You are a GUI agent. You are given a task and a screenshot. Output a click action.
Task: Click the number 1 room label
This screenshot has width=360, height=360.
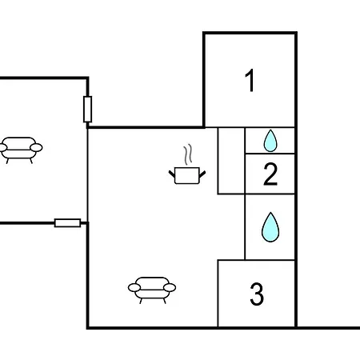[250, 81]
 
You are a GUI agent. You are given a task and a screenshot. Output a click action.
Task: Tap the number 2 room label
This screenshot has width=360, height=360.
[270, 174]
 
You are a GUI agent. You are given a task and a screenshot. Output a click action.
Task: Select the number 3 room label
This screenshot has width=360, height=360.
[257, 294]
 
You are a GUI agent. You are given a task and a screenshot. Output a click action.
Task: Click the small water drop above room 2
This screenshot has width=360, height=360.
[270, 141]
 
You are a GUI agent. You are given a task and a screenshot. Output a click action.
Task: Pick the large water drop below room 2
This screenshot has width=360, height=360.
[270, 227]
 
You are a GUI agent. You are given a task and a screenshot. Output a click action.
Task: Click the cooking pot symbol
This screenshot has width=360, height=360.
[187, 175]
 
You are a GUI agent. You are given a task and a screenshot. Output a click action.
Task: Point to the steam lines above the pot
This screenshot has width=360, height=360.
[188, 154]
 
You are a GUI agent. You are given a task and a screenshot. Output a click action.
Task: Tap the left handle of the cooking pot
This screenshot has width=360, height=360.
[172, 174]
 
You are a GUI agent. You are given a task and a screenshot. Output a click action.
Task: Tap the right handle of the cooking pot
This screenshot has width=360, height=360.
[202, 174]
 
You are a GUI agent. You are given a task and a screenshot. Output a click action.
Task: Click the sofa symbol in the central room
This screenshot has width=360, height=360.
[152, 290]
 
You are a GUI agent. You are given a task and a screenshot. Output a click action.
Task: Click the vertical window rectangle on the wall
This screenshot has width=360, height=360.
[87, 109]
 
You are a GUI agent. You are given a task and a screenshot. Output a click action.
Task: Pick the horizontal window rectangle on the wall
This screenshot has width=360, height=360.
[67, 223]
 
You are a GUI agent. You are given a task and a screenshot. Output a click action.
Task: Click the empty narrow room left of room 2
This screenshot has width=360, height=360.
[231, 161]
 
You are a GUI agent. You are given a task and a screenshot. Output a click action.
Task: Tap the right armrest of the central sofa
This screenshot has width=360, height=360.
[170, 287]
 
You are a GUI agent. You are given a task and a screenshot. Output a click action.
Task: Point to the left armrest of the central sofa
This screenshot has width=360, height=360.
[134, 287]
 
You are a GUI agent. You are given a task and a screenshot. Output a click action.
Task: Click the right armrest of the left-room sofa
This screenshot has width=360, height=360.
[36, 147]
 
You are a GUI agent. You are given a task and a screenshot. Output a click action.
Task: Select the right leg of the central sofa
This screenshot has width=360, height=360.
[164, 301]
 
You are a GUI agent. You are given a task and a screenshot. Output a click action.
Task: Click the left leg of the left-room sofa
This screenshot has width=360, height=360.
[7, 161]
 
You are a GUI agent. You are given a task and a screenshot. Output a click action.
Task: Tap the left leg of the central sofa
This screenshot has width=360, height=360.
[141, 301]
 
